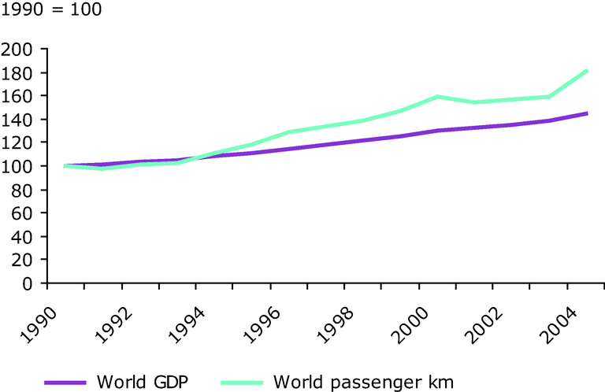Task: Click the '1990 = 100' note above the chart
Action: (x=52, y=12)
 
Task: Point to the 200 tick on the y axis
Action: (x=21, y=50)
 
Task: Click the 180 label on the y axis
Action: (x=21, y=73)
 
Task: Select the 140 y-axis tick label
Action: (x=21, y=120)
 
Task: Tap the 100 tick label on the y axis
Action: (x=21, y=166)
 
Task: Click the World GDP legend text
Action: (x=141, y=382)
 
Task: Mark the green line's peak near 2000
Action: (x=437, y=97)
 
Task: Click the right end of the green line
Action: (x=586, y=70)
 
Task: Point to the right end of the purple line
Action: (x=586, y=113)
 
